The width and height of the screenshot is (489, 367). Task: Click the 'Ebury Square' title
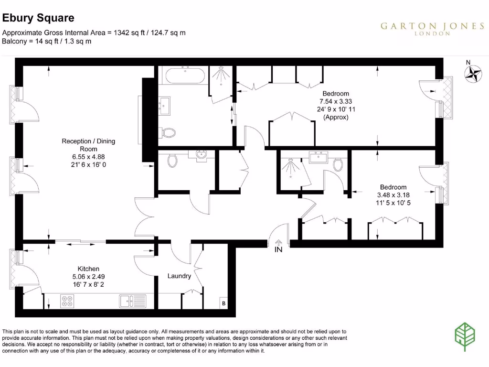pyautogui.click(x=39, y=18)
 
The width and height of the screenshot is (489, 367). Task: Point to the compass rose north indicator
pyautogui.click(x=473, y=72)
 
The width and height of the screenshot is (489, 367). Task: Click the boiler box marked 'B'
pyautogui.click(x=223, y=303)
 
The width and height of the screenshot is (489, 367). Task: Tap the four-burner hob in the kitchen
pyautogui.click(x=67, y=301)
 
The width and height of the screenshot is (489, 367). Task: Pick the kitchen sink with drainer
pyautogui.click(x=133, y=301)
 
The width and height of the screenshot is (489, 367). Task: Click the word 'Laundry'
pyautogui.click(x=179, y=276)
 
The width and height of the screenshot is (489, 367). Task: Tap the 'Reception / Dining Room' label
pyautogui.click(x=88, y=145)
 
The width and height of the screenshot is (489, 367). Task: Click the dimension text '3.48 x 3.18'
pyautogui.click(x=393, y=195)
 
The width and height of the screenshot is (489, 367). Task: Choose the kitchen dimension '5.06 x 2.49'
pyautogui.click(x=88, y=277)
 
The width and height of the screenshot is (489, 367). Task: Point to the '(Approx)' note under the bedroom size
pyautogui.click(x=336, y=117)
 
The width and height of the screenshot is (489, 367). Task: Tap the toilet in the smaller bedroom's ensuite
pyautogui.click(x=338, y=165)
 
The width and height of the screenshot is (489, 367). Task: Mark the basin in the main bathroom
pyautogui.click(x=166, y=106)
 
